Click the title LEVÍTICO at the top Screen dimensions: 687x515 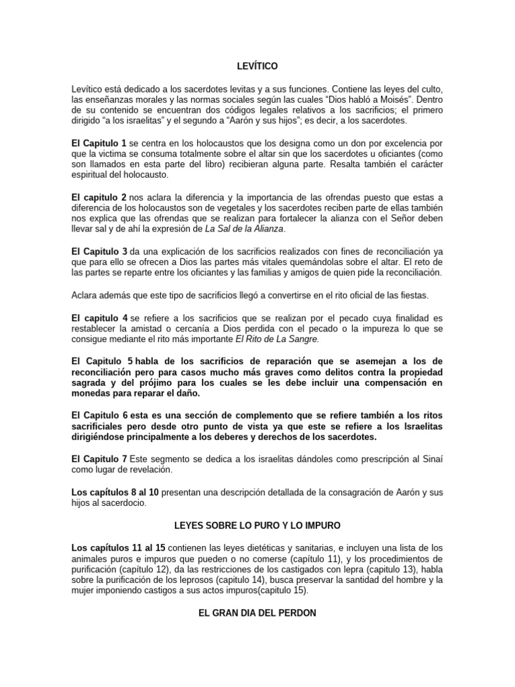(x=257, y=66)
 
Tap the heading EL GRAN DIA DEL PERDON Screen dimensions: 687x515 (x=257, y=613)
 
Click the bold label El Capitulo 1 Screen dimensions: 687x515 (x=99, y=144)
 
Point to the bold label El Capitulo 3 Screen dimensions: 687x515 (x=99, y=252)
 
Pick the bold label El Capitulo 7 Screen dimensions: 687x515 (x=99, y=458)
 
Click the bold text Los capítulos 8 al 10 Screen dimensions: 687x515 (x=115, y=492)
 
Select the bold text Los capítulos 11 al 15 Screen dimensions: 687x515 (x=118, y=548)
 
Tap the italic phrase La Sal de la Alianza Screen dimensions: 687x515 (x=245, y=229)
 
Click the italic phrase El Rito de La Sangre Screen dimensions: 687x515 (x=277, y=339)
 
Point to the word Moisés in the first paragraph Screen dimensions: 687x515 (x=385, y=101)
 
